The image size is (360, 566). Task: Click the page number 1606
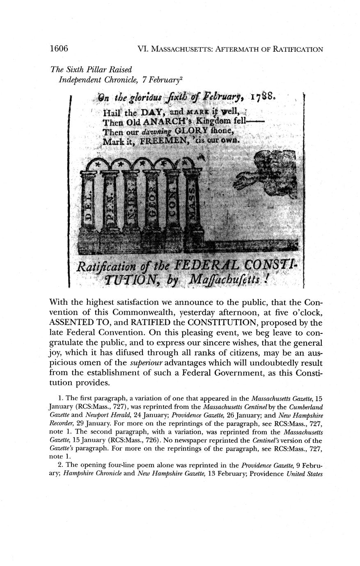(x=58, y=49)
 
